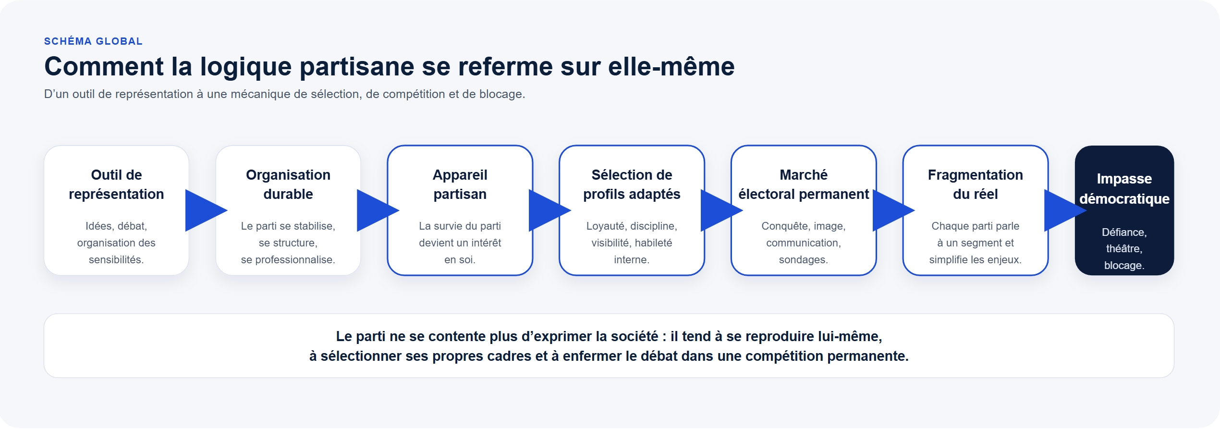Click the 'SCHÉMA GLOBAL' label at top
[x=93, y=41]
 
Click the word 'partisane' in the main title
[x=357, y=66]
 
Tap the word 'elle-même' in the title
[x=671, y=66]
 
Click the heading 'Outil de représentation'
[x=116, y=184]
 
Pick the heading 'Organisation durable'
[x=288, y=184]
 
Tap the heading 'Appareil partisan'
[x=460, y=184]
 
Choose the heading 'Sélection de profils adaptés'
[x=632, y=184]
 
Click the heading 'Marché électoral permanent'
[x=804, y=184]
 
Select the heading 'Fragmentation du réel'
[x=976, y=184]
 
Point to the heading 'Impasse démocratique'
[x=1124, y=188]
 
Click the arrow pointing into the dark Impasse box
[x=1065, y=210]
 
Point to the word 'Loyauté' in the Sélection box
[x=605, y=226]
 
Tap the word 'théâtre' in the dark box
[x=1122, y=249]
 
